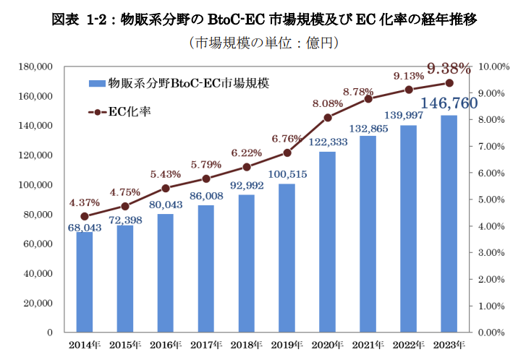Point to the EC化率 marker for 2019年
[287, 153]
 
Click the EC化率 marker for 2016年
[166, 188]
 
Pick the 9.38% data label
[449, 69]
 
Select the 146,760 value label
[449, 103]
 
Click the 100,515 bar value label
[287, 174]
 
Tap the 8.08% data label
[327, 104]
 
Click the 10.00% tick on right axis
[496, 67]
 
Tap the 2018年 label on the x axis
[247, 343]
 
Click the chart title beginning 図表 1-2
[265, 19]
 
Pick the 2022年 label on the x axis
[409, 343]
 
